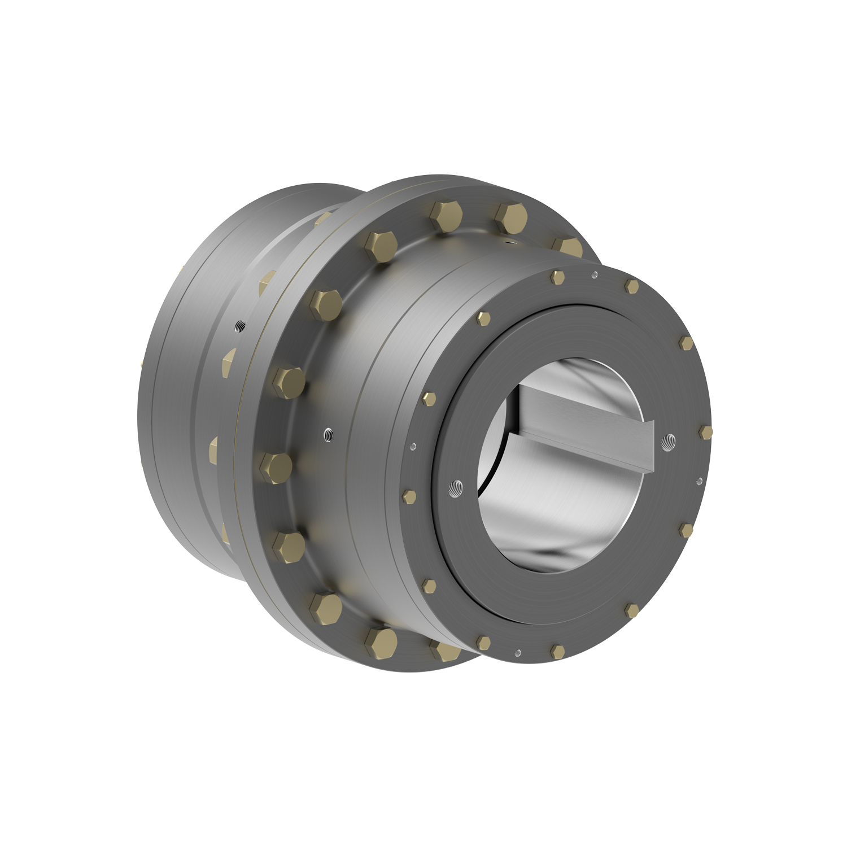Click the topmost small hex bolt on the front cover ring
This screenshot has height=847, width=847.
click(x=558, y=277)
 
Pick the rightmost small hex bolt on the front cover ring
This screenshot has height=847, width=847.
click(x=705, y=432)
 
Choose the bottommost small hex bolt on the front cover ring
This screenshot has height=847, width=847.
click(x=557, y=651)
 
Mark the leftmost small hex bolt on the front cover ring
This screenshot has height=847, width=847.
click(x=409, y=496)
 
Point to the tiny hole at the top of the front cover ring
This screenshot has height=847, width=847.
click(x=593, y=276)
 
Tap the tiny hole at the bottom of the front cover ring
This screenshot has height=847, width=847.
click(x=517, y=653)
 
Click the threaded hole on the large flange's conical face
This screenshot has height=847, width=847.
click(x=328, y=434)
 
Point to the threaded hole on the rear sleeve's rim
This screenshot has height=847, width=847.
click(x=239, y=326)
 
